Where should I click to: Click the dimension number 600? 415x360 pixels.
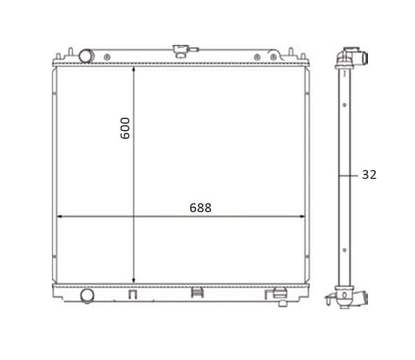pos(125,128)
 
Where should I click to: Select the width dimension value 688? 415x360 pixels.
pos(201,208)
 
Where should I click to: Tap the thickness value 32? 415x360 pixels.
pos(369,175)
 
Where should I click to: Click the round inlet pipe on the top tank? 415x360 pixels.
pos(86,56)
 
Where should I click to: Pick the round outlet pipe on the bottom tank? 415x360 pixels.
pos(87,296)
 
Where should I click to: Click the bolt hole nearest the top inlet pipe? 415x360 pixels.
pos(107,57)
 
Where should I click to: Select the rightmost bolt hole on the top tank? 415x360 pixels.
pos(273,57)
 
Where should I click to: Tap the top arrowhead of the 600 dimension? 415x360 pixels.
pos(133,69)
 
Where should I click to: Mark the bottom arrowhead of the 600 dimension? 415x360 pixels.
pos(133,280)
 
